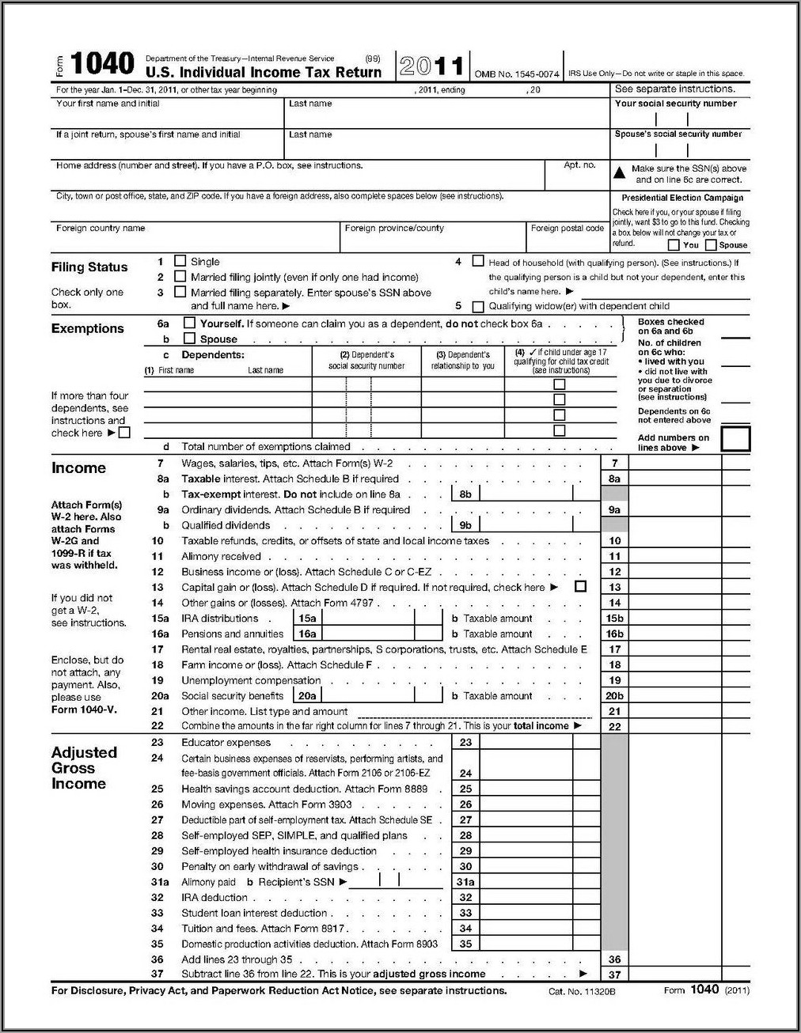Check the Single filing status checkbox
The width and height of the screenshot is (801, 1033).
pos(180,261)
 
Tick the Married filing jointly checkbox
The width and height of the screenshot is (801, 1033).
pos(180,277)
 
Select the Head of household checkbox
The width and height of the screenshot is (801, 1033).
pos(478,261)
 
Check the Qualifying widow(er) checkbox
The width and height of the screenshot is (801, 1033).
pos(478,307)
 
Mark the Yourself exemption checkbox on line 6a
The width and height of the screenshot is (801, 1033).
pos(189,323)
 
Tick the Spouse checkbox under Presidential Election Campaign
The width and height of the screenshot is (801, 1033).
pos(711,245)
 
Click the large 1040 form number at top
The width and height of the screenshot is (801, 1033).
pos(102,64)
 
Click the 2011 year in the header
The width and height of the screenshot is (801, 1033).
pos(432,66)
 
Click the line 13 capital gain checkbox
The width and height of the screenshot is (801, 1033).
pos(581,587)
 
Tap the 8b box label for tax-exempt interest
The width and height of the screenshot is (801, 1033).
pos(465,494)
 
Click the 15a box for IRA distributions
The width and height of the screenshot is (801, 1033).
pos(306,619)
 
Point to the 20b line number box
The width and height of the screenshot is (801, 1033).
pos(614,696)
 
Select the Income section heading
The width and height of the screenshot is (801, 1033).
pos(78,468)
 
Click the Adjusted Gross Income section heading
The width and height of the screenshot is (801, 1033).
pos(84,768)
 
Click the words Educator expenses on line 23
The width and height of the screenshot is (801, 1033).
pos(226,743)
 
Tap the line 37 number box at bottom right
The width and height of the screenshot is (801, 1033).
pos(614,974)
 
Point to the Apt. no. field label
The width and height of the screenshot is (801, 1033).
pos(579,165)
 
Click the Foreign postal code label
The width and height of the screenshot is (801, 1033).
pos(568,229)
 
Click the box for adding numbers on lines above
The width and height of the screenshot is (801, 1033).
pos(735,440)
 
